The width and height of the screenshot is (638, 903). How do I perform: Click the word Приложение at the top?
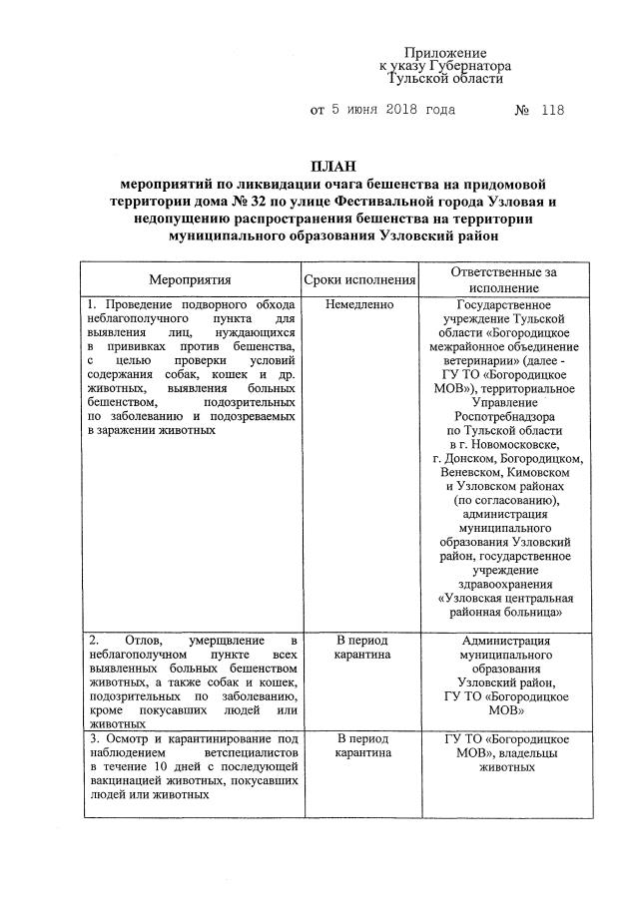pyautogui.click(x=445, y=52)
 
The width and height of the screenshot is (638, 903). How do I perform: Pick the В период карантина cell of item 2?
pyautogui.click(x=361, y=648)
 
